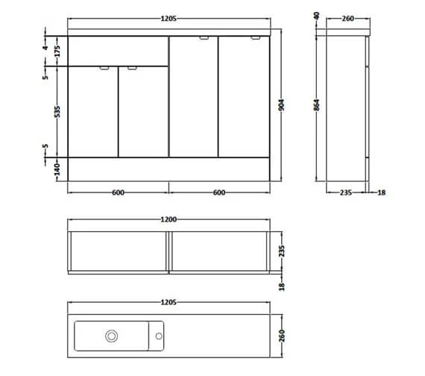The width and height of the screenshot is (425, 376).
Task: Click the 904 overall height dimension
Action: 281,106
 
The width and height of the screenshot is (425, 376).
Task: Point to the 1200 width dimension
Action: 168,219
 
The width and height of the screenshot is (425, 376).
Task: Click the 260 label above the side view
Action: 347,19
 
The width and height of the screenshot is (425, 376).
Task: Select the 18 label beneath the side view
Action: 382,192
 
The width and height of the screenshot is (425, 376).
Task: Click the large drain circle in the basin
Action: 110,336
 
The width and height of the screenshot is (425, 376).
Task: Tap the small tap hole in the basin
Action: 158,336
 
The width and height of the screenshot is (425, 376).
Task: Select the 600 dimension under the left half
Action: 118,192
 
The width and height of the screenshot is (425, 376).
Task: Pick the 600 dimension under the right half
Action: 219,192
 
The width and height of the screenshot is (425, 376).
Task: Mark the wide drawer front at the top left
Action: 118,51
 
